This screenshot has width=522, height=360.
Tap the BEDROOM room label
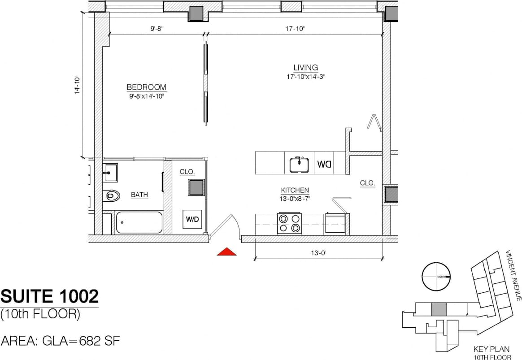[x=146, y=87]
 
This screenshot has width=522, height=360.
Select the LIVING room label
[x=305, y=68]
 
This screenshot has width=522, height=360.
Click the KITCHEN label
[x=295, y=190]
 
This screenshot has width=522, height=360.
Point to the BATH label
[x=139, y=195]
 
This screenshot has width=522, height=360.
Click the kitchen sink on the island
[x=299, y=165]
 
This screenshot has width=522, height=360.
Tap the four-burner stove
[x=289, y=223]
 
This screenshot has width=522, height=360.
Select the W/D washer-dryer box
[x=192, y=219]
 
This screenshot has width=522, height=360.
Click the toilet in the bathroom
[x=112, y=195]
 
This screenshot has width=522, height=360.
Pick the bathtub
[x=139, y=222]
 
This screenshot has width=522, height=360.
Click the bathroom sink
[x=110, y=173]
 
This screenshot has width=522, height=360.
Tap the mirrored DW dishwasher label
[x=324, y=164]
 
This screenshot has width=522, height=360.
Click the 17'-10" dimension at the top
[x=295, y=29]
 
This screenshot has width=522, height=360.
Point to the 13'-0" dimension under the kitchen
[x=318, y=253]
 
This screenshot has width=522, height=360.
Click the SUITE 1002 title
[x=49, y=296]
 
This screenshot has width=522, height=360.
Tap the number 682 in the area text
[x=90, y=341]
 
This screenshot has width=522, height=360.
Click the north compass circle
[x=436, y=277]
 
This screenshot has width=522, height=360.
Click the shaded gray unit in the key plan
[x=439, y=309]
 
